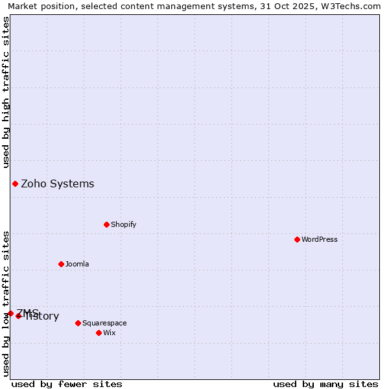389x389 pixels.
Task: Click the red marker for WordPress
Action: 297,239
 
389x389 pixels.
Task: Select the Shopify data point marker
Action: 106,224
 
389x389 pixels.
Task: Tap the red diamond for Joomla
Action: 61,264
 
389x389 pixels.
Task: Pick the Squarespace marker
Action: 78,323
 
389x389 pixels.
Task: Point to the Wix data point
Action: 99,333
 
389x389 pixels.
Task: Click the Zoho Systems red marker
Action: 15,183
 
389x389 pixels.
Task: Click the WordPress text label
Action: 320,239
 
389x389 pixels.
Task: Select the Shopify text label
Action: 123,224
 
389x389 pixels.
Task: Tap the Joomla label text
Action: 77,264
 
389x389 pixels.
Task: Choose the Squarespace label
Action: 104,323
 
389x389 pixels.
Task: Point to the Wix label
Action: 110,333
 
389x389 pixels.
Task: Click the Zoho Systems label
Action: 58,183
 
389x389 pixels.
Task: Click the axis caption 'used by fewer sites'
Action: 67,384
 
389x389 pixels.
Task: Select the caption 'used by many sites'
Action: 325,384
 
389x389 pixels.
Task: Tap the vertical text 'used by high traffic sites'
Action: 6,91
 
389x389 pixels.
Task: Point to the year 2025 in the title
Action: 302,6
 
